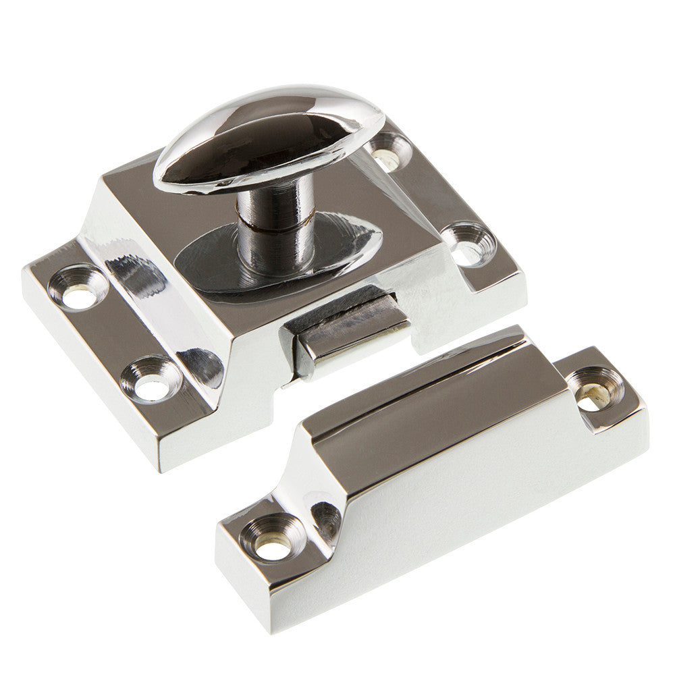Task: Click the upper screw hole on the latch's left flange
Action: tap(78, 288)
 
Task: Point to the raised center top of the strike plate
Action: tap(432, 412)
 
